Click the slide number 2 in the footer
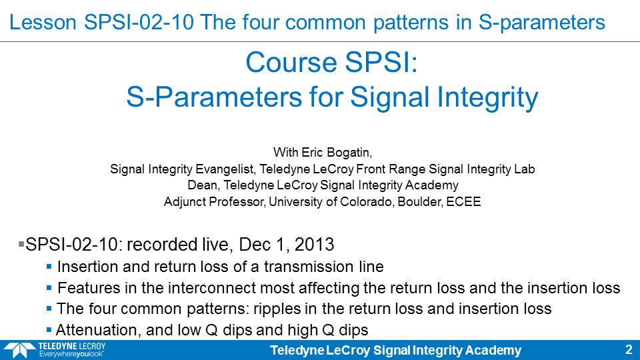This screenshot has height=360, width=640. click(629, 350)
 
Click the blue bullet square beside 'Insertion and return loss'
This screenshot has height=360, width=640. click(49, 267)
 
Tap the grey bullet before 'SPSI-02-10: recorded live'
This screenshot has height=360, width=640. click(21, 244)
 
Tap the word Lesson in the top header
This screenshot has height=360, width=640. click(43, 22)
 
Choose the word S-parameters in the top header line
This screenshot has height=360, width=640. click(541, 23)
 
